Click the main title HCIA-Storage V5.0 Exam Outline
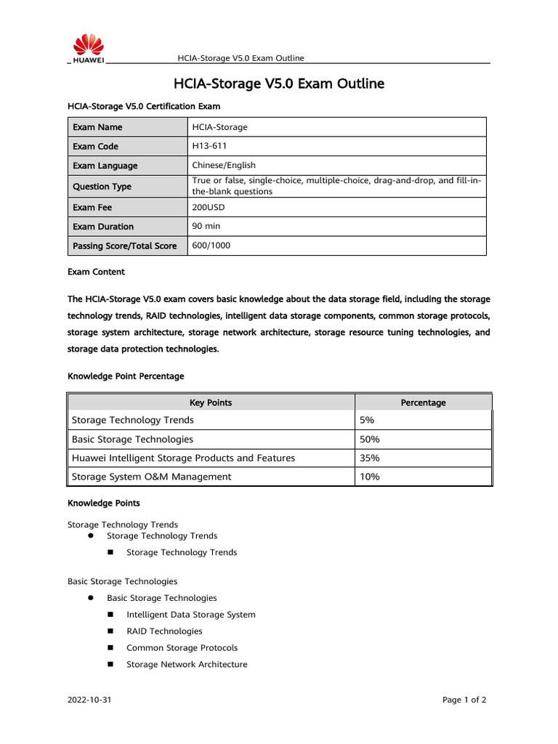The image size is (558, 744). click(x=279, y=84)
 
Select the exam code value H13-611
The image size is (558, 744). click(x=210, y=146)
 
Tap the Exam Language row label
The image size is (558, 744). click(x=105, y=166)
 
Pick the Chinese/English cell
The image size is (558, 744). click(x=224, y=165)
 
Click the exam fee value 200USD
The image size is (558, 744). click(x=209, y=207)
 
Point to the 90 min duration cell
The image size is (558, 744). click(x=206, y=226)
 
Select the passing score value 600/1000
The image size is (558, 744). click(x=211, y=246)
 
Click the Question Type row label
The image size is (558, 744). click(x=102, y=187)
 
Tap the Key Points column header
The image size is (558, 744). click(x=211, y=403)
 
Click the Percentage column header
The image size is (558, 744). click(x=423, y=403)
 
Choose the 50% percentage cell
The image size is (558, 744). click(x=369, y=440)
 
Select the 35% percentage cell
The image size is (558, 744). click(x=369, y=458)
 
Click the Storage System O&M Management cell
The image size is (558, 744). click(x=151, y=477)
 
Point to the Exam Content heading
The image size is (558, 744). click(x=96, y=272)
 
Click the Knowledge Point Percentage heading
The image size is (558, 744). click(x=126, y=376)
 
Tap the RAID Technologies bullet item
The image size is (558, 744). click(x=164, y=631)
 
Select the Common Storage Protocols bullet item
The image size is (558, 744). click(x=182, y=648)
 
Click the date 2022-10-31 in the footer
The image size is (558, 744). click(x=89, y=700)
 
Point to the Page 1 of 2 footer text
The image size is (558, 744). click(x=464, y=700)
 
